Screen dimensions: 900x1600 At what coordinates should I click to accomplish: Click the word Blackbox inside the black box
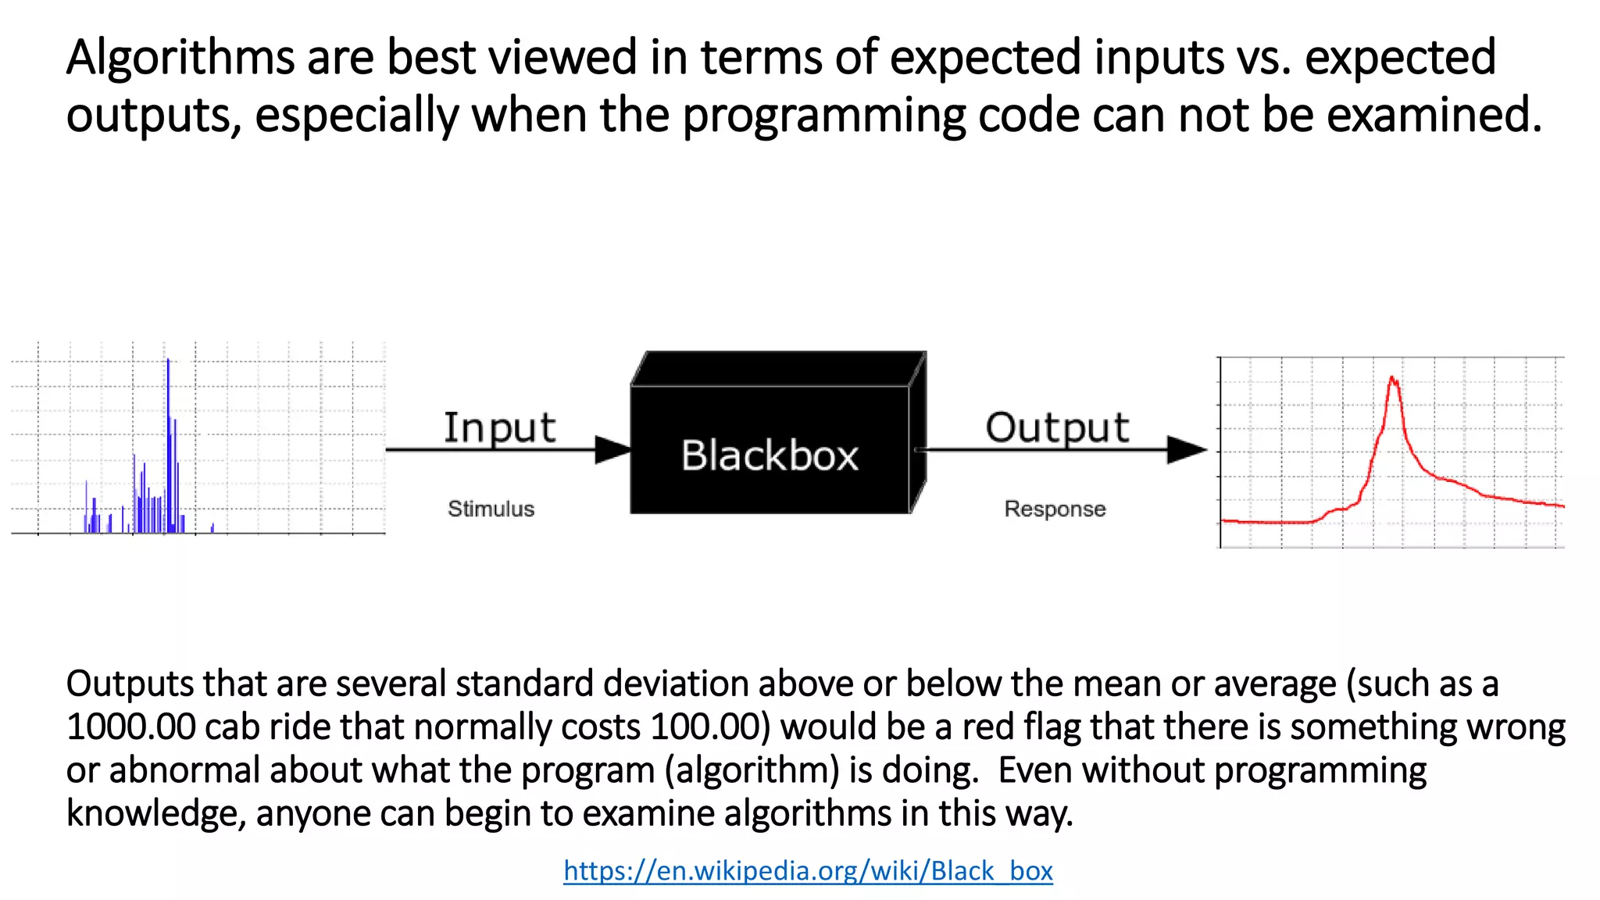[770, 455]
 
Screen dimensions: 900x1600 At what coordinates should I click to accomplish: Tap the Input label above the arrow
[499, 428]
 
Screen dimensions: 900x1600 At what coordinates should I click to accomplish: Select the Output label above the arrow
[1057, 428]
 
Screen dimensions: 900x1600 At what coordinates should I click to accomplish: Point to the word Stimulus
[491, 509]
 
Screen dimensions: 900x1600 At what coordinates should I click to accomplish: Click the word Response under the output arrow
[1055, 509]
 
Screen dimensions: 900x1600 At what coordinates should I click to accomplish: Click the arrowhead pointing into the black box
[614, 449]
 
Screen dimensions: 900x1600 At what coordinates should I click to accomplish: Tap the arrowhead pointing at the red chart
[1187, 449]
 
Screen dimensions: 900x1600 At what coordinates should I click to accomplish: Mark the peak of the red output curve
[1393, 380]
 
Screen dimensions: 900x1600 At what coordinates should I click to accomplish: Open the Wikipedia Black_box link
[808, 870]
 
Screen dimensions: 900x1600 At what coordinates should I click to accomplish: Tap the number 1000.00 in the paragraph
[130, 727]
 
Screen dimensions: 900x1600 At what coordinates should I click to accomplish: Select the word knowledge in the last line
[155, 813]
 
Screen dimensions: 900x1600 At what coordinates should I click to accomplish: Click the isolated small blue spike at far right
[212, 527]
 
